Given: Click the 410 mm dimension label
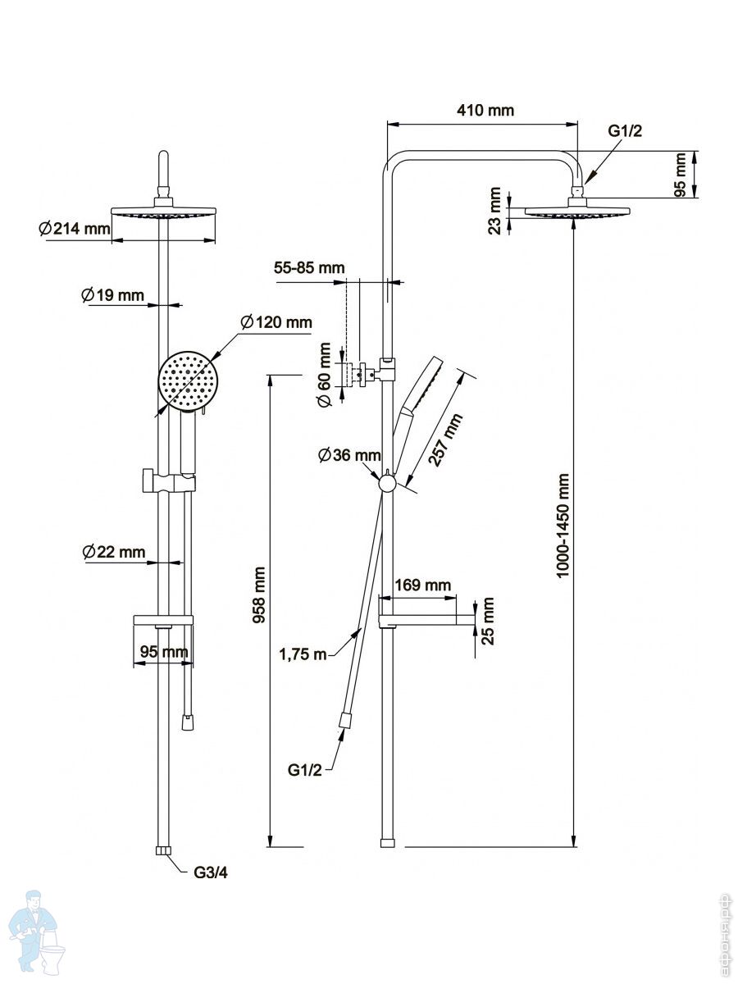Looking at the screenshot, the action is pyautogui.click(x=485, y=110).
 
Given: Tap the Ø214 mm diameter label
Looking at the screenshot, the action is pyautogui.click(x=75, y=229).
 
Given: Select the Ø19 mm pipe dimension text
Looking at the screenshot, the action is pyautogui.click(x=112, y=295).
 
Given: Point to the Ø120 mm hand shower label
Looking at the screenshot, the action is pyautogui.click(x=276, y=322).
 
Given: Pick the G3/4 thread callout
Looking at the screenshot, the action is pyautogui.click(x=211, y=872).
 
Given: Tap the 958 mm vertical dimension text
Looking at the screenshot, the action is pyautogui.click(x=259, y=594).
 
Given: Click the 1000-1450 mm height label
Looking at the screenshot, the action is pyautogui.click(x=563, y=526).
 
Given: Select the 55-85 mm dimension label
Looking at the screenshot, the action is pyautogui.click(x=309, y=267).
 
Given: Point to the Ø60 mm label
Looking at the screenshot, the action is pyautogui.click(x=325, y=374).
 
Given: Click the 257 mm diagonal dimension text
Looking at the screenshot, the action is pyautogui.click(x=445, y=440).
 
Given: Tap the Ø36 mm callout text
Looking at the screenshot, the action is pyautogui.click(x=349, y=455).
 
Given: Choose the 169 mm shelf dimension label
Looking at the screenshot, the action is pyautogui.click(x=422, y=585).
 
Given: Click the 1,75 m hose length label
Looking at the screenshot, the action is pyautogui.click(x=303, y=654).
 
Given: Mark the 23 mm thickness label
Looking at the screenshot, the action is pyautogui.click(x=494, y=211).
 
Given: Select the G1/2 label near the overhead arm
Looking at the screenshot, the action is pyautogui.click(x=625, y=131).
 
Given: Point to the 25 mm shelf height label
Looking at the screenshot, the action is pyautogui.click(x=488, y=621).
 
